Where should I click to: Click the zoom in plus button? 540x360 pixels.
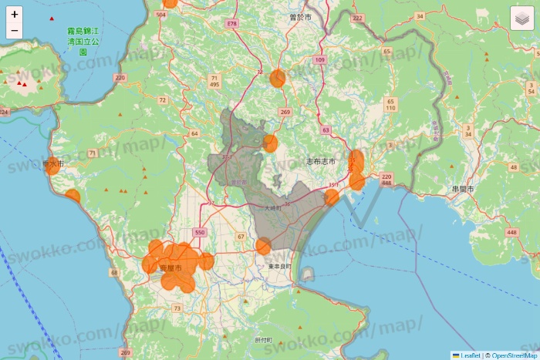(x=15, y=14)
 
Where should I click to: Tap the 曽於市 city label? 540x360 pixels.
(x=300, y=16)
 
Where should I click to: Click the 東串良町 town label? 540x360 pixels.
(x=280, y=267)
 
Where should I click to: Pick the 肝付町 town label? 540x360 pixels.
(x=263, y=340)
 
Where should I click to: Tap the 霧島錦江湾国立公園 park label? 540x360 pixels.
(x=83, y=42)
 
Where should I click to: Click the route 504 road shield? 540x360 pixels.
(x=160, y=15)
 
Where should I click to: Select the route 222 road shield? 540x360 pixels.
(x=356, y=17)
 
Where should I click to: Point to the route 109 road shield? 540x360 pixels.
(x=320, y=59)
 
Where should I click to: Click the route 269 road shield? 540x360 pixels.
(x=285, y=113)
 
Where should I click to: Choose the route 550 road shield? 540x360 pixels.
(x=200, y=232)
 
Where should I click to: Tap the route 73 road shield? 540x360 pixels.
(x=177, y=308)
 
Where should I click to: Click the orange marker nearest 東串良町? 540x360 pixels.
(x=263, y=246)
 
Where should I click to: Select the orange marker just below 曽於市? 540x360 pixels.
(x=277, y=78)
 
